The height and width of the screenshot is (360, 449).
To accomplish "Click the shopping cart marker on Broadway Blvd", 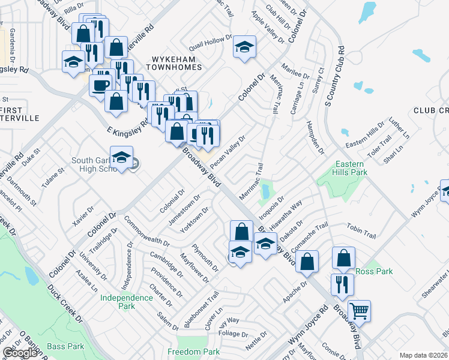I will (359, 311).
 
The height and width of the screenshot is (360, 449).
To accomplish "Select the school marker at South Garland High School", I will (122, 158).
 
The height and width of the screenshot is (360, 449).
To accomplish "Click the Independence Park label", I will (127, 302).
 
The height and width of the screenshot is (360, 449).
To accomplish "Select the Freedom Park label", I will (194, 352).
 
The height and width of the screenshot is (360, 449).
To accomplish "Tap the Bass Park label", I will (66, 346).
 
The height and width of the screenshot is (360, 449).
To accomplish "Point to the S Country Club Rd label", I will (336, 77).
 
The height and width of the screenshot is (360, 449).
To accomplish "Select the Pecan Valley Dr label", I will (230, 154).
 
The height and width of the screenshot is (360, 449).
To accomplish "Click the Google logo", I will (20, 353).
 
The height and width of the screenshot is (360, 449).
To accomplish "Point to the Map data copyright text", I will (423, 355).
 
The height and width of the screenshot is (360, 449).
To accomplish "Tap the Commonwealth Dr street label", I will (146, 231).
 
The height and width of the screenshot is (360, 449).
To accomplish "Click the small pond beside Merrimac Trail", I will (265, 191).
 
